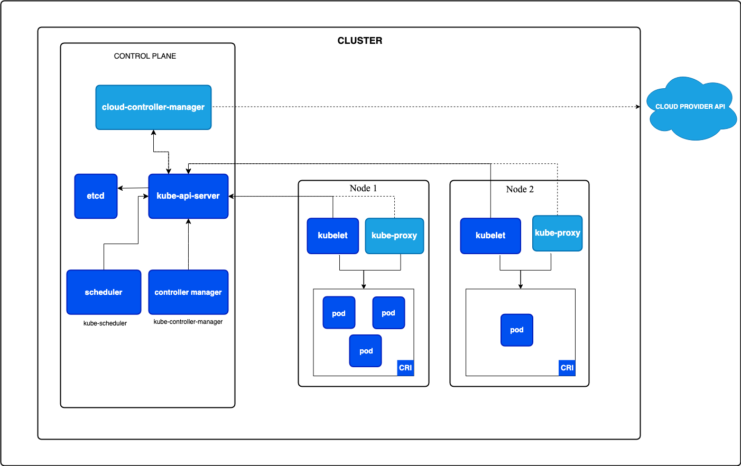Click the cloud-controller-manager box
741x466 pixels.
[153, 107]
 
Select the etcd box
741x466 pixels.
[96, 196]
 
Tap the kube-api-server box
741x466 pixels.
[188, 196]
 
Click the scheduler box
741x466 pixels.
[104, 292]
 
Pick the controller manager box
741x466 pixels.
[188, 292]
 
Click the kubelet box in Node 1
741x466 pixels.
[333, 236]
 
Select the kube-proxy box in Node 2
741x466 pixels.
[557, 233]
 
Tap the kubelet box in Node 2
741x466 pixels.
[490, 236]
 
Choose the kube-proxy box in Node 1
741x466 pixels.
[394, 236]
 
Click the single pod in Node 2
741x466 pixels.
[517, 330]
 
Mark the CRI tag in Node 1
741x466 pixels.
[405, 368]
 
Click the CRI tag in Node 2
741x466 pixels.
[567, 368]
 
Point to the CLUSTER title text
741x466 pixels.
[360, 41]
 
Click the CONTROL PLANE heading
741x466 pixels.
[145, 56]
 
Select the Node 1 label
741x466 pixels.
[363, 189]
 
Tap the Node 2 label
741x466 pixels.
[520, 190]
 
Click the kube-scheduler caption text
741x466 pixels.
[105, 323]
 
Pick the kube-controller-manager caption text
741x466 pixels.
[188, 322]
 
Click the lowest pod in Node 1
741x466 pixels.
[366, 351]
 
